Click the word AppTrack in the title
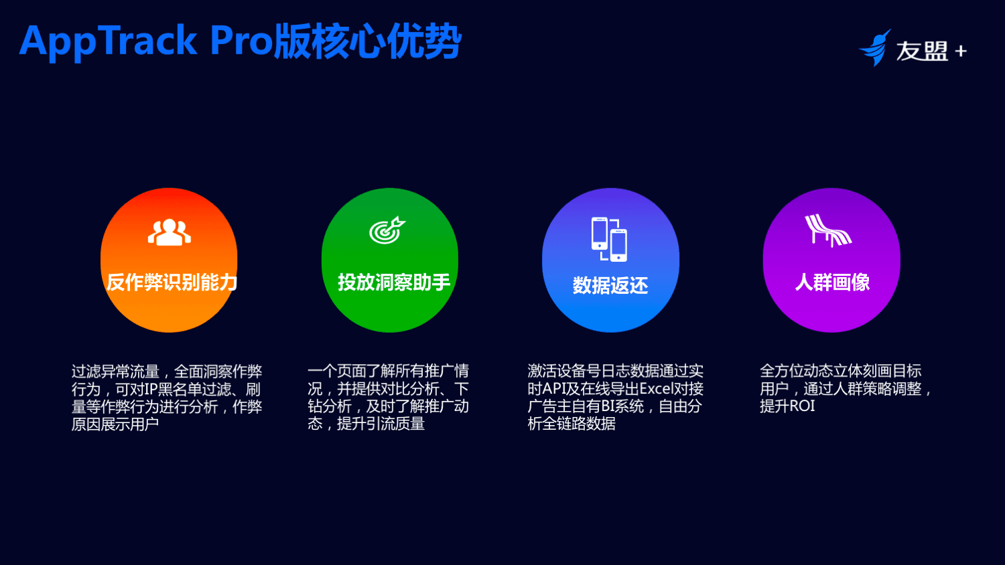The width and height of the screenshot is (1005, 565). (108, 42)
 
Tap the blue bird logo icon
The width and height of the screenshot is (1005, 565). (875, 48)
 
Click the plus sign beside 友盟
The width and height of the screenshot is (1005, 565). (961, 51)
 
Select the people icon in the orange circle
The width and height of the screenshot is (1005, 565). (169, 232)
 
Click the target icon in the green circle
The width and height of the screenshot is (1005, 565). (387, 230)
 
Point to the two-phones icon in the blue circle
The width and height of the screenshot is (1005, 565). (609, 239)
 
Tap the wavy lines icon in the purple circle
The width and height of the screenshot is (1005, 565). (828, 230)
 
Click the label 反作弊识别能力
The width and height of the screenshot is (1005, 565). (172, 282)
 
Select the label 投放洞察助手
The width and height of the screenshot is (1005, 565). (394, 282)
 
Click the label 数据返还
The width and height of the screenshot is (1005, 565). (610, 286)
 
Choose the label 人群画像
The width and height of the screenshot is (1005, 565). (832, 282)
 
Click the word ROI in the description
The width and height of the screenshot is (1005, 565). (802, 406)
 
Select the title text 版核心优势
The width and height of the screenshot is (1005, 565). (367, 42)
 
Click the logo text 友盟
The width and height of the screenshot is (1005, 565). (921, 51)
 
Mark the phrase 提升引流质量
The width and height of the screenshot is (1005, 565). (381, 424)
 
